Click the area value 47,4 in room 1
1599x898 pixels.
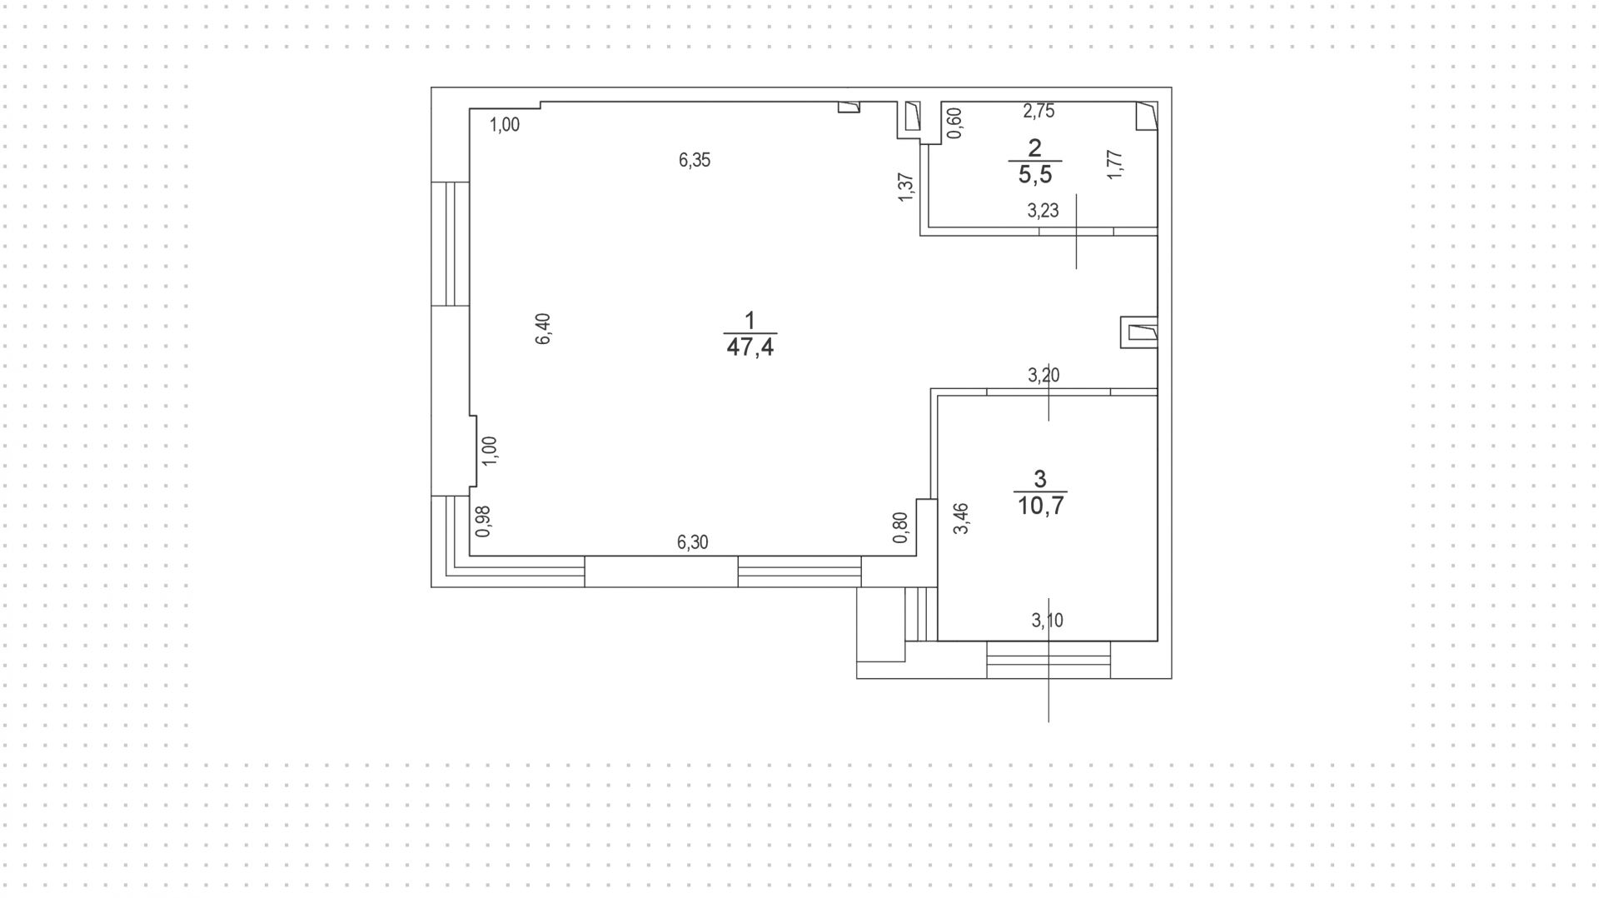pos(750,347)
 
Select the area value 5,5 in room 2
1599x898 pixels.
pos(1035,175)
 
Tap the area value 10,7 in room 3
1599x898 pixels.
pos(1040,506)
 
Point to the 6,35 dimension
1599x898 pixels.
pos(695,160)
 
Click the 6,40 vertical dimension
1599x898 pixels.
pos(543,328)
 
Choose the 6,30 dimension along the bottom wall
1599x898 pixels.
pos(692,542)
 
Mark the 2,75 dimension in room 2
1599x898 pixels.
pos(1039,111)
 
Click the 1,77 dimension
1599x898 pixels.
pos(1116,164)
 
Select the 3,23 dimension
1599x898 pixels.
pos(1043,211)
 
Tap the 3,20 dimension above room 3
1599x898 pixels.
pos(1043,375)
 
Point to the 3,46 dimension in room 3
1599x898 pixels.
pos(961,518)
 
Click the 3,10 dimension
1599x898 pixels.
pos(1047,620)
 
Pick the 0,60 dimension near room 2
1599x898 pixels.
pos(955,123)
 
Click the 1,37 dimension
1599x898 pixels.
pos(907,186)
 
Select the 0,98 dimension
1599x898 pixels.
pos(482,521)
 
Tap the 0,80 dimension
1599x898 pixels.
pos(899,527)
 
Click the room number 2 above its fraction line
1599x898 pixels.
pos(1035,147)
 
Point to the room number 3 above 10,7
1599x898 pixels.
pos(1039,478)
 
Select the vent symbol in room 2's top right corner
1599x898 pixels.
pos(1147,116)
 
